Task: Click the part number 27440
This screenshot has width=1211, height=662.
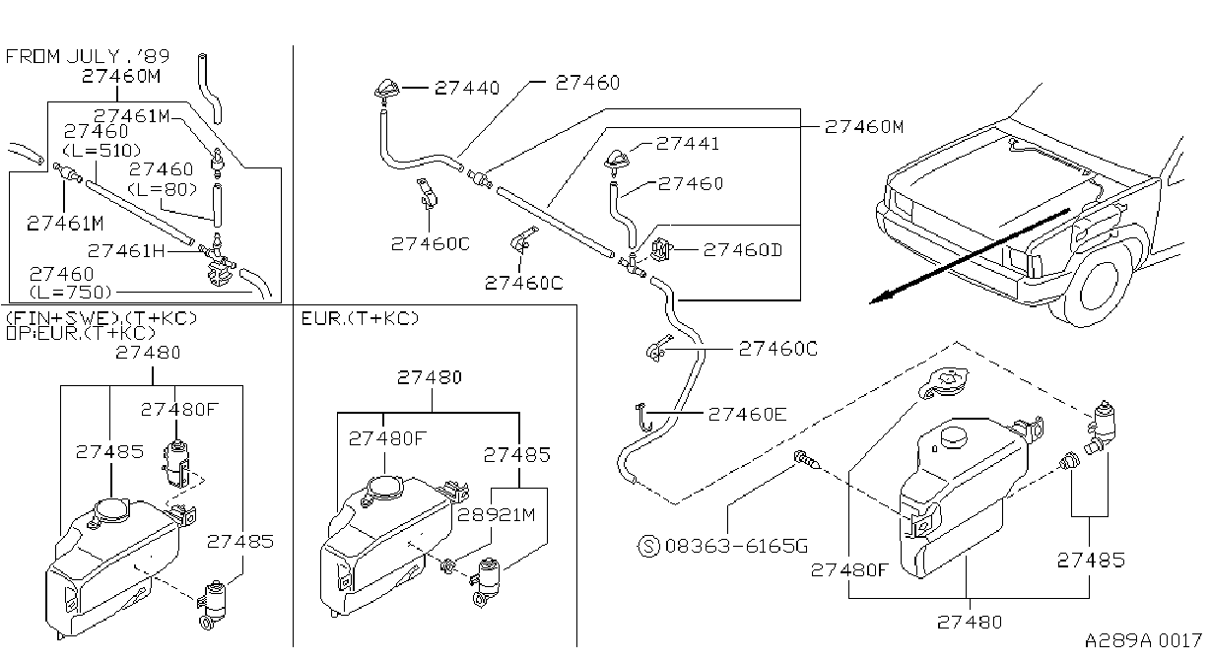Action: (467, 88)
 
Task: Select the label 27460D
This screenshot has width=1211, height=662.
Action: (742, 249)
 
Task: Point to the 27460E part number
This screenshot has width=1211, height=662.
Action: (747, 414)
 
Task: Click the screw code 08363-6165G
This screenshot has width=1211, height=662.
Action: (736, 546)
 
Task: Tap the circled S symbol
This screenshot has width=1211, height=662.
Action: (649, 546)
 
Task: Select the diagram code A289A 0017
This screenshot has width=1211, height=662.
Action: (1143, 641)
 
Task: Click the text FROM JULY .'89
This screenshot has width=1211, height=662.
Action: (88, 56)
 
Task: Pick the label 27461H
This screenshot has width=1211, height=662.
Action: (126, 251)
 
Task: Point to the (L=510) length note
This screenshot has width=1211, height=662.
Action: (102, 150)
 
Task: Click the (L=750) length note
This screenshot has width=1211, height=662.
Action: (71, 293)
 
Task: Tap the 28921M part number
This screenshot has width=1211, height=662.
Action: (497, 514)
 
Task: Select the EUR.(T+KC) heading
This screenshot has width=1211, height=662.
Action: (360, 318)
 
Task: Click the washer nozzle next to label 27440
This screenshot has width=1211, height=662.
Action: (386, 91)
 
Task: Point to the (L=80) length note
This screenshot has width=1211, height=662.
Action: (163, 189)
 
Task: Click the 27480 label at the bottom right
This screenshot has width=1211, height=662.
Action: (970, 622)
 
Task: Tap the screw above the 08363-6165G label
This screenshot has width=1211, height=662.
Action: (807, 460)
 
